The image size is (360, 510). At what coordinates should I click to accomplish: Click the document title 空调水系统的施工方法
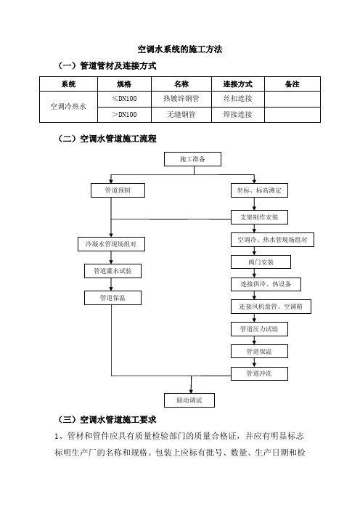point(180,49)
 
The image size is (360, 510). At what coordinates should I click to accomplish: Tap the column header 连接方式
point(238,84)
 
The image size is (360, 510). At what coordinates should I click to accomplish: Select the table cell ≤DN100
point(124,99)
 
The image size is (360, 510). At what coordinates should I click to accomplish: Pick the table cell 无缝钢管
point(181,115)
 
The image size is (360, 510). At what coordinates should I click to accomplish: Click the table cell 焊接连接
point(238,115)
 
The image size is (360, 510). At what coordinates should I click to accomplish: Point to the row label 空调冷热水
point(68,106)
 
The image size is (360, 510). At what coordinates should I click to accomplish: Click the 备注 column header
point(292,84)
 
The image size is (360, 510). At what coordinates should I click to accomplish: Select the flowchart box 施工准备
point(192,159)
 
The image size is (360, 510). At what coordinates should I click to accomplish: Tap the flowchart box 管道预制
point(118,190)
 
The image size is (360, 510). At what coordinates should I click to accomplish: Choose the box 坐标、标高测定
point(259,190)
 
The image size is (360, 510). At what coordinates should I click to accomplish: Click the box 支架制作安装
point(259,217)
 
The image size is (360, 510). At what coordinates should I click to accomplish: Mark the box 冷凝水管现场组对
point(111,244)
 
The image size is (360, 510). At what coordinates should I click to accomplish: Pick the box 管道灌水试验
point(112,271)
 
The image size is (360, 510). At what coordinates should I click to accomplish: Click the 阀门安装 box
point(261,262)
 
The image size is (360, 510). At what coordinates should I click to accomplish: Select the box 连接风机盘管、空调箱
point(271,307)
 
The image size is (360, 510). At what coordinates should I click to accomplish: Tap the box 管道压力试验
point(259,329)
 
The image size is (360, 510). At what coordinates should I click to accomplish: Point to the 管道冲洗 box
point(259,373)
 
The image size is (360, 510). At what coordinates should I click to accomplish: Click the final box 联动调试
point(189,400)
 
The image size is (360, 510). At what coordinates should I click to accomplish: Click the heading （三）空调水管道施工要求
point(107,420)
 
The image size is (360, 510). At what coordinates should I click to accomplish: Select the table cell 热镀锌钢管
point(181,99)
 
